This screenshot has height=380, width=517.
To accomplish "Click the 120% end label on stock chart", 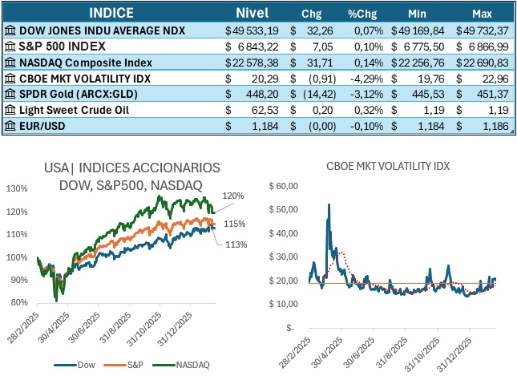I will [x=233, y=195].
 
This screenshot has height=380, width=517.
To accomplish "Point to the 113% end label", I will [x=234, y=245].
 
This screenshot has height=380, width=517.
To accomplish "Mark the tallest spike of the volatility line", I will [x=329, y=204].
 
